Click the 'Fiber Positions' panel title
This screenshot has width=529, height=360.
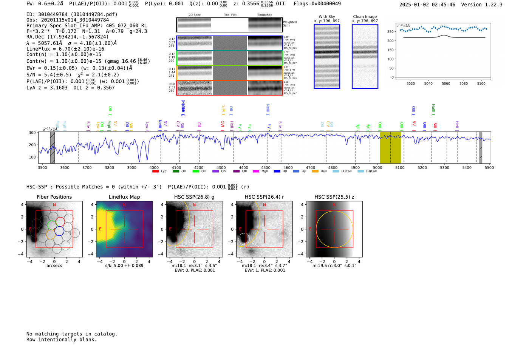pos(54,197)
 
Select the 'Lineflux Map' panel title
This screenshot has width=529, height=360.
pos(124,197)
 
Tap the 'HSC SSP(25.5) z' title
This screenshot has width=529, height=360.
pos(334,197)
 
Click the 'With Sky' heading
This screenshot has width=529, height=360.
pos(326,17)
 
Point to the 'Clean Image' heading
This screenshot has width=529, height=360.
pos(365,17)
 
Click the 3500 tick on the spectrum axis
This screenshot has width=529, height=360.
pos(42,168)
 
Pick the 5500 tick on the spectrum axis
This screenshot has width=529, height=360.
pos(489,168)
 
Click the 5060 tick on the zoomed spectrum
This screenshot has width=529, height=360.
pos(446,83)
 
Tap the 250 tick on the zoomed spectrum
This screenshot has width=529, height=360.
pos(390,32)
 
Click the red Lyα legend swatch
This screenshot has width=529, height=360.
pos(155,172)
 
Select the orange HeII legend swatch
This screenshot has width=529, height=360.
pos(315,172)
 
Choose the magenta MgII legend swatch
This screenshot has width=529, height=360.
pos(256,172)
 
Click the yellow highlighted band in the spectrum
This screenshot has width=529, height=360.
pos(390,147)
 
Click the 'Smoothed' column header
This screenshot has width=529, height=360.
pos(264,15)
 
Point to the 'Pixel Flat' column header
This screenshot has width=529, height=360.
pos(230,15)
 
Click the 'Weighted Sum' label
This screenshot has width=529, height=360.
pos(289,24)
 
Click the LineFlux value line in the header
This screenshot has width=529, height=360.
pos(65,49)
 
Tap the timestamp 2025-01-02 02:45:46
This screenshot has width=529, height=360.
pos(427,5)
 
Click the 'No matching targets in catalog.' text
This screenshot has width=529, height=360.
pos(72,334)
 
